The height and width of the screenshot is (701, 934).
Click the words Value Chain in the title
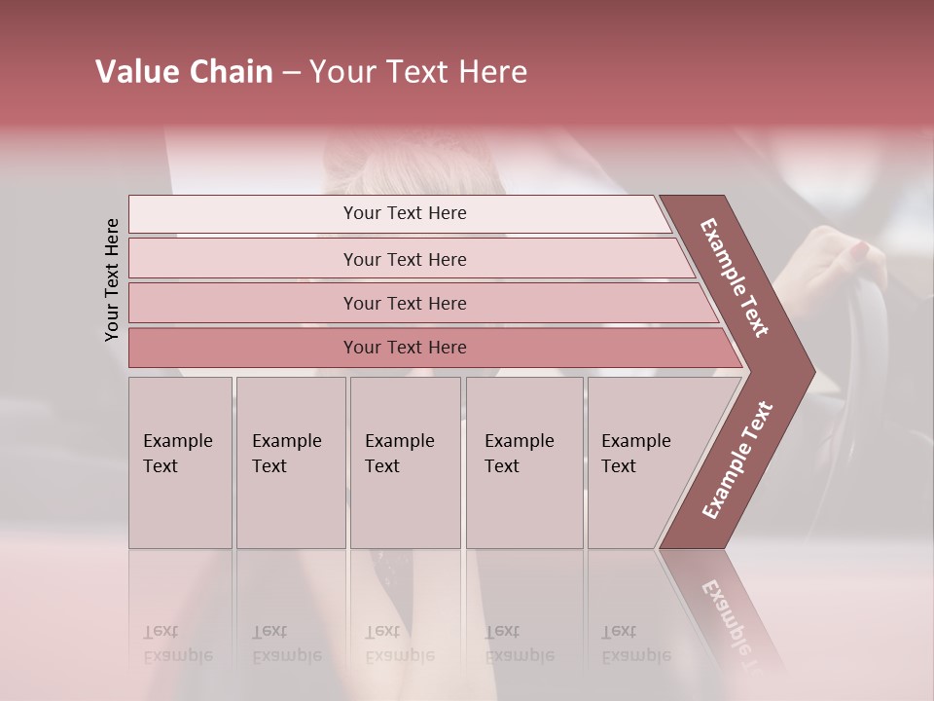pyautogui.click(x=184, y=72)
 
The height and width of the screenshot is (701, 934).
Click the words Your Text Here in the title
pyautogui.click(x=418, y=72)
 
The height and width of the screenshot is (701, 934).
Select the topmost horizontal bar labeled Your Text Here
pyautogui.click(x=405, y=213)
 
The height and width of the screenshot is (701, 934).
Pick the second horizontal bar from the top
pyautogui.click(x=405, y=259)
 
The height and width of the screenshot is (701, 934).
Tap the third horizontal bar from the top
pyautogui.click(x=405, y=303)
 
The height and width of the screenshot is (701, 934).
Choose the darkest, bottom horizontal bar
pyautogui.click(x=405, y=348)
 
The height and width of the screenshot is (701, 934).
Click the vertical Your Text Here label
pyautogui.click(x=112, y=279)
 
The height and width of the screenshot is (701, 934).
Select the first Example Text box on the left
pyautogui.click(x=180, y=461)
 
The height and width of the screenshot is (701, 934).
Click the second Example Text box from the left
pyautogui.click(x=290, y=461)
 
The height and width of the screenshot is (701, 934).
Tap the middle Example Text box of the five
pyautogui.click(x=405, y=461)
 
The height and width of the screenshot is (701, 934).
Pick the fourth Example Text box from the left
pyautogui.click(x=523, y=461)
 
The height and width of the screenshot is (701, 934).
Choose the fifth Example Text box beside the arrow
pyautogui.click(x=642, y=461)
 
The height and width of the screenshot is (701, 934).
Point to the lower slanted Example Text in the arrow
pyautogui.click(x=737, y=461)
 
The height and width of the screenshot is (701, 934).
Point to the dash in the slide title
pyautogui.click(x=291, y=73)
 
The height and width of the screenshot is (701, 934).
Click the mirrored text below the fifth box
pyautogui.click(x=635, y=643)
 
